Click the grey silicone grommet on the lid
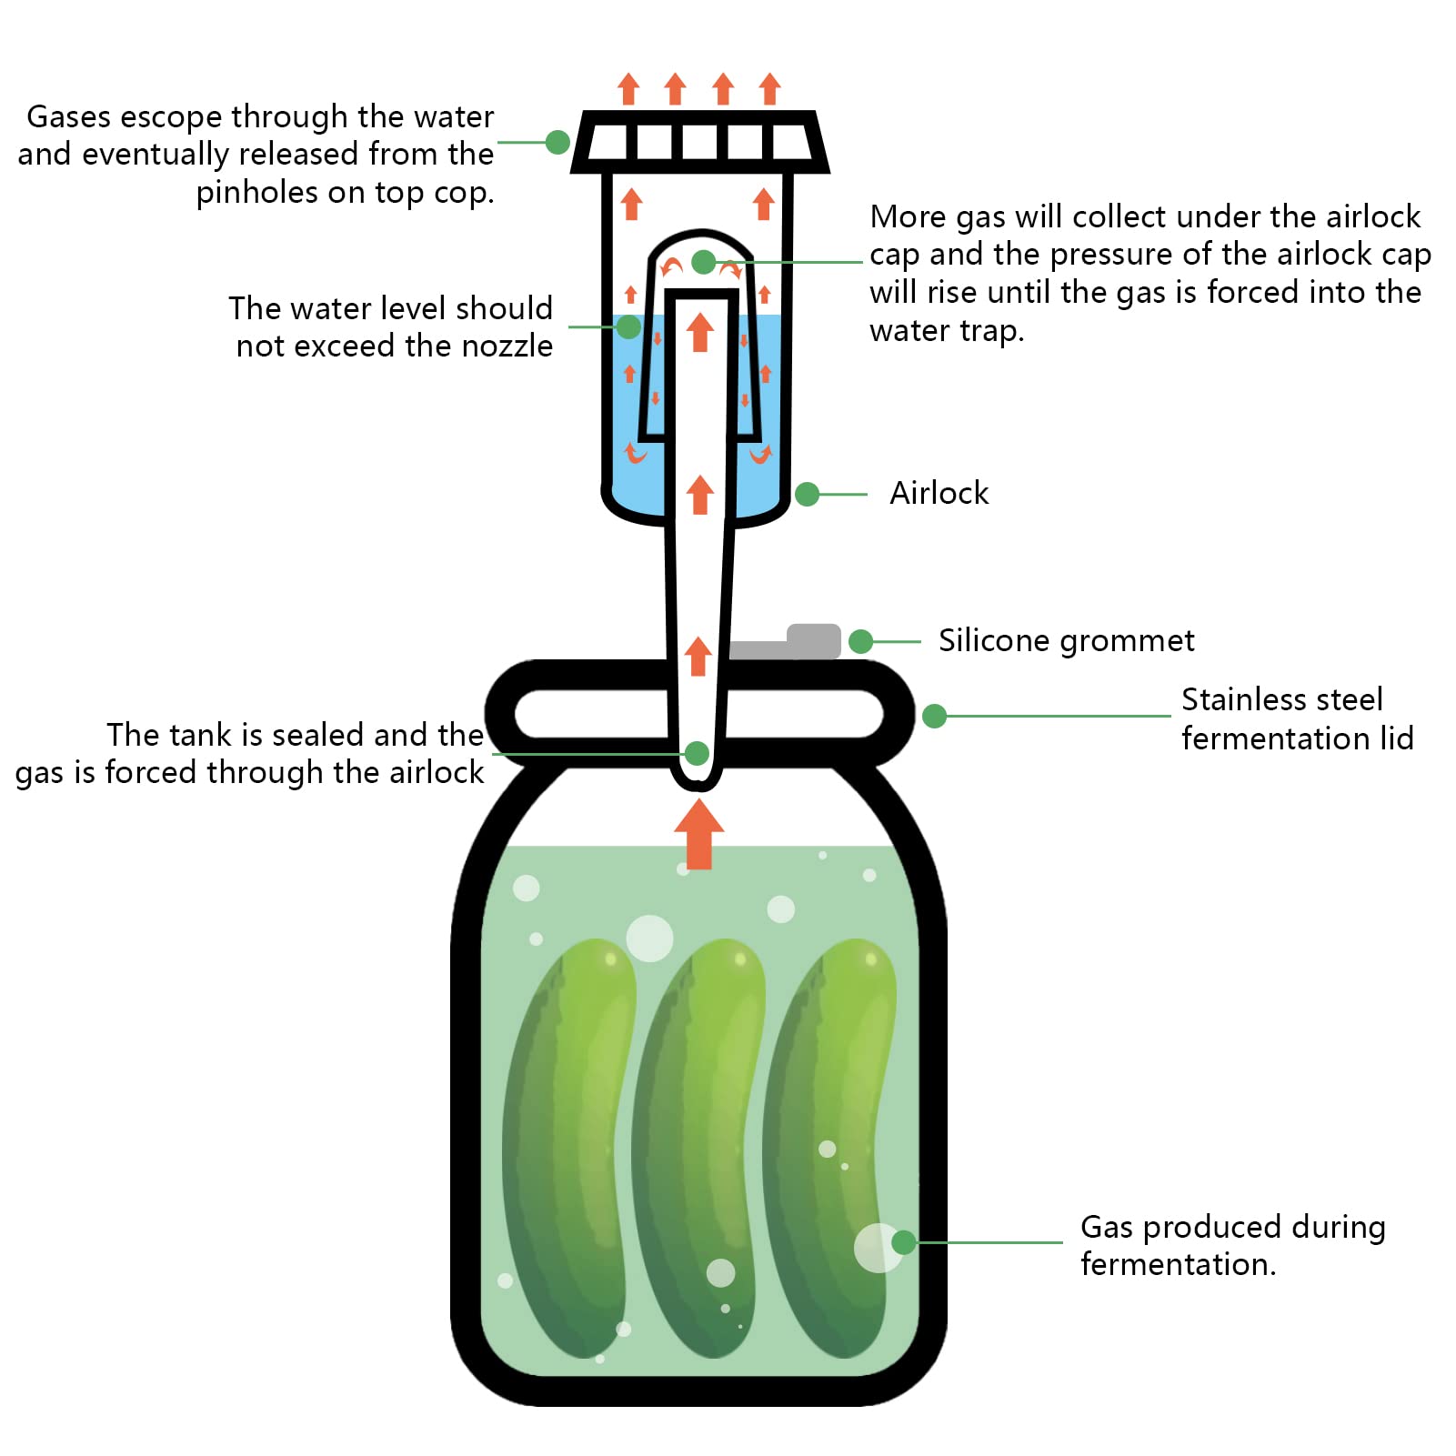pyautogui.click(x=786, y=642)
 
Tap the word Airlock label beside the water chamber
pyautogui.click(x=939, y=493)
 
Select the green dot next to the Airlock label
pyautogui.click(x=808, y=494)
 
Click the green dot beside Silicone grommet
pyautogui.click(x=860, y=642)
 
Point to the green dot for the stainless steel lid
pyautogui.click(x=934, y=717)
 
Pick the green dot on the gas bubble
pyautogui.click(x=904, y=1242)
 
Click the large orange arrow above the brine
pyautogui.click(x=698, y=834)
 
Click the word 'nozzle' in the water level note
pyautogui.click(x=507, y=346)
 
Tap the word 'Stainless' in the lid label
pyautogui.click(x=1282, y=699)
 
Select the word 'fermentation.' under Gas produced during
pyautogui.click(x=1179, y=1264)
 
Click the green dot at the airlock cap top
pyautogui.click(x=704, y=262)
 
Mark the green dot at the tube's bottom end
pyautogui.click(x=697, y=753)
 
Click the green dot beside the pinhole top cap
pyautogui.click(x=557, y=142)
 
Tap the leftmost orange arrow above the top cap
pyautogui.click(x=628, y=89)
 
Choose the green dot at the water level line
pyautogui.click(x=628, y=327)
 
